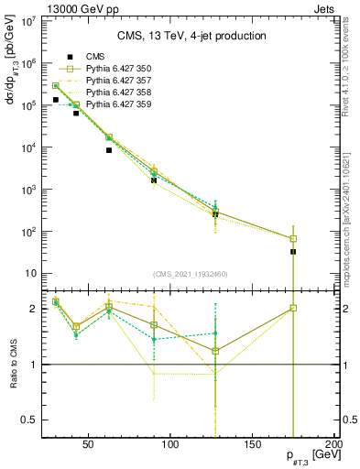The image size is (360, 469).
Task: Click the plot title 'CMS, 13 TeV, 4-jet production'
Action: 191,36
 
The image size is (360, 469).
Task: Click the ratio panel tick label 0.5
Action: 28,420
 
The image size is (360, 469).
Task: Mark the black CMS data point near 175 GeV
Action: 293,251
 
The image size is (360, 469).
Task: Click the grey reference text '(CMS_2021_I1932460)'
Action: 191,273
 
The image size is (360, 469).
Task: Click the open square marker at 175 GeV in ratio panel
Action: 293,308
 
